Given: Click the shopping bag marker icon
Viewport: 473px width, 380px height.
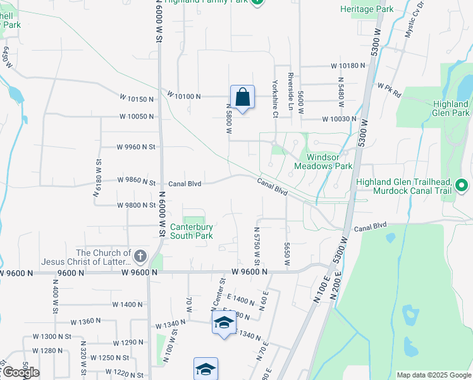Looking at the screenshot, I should coord(242,98).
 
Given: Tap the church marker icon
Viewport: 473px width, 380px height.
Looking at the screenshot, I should coord(140,256).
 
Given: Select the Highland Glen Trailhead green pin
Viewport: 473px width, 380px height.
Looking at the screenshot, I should coord(461,186).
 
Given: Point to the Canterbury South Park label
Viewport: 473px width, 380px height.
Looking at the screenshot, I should coord(192,231).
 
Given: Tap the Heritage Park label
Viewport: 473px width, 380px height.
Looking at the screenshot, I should coord(367,9).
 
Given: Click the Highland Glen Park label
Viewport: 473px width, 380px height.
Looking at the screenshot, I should coord(451,108).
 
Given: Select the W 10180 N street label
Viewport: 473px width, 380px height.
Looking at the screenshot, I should coord(348,66).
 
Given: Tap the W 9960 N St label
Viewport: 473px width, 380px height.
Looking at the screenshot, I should coord(136,147).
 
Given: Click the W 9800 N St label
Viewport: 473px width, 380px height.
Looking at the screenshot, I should coord(136,205).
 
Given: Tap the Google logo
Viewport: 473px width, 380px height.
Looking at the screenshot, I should coord(20,372).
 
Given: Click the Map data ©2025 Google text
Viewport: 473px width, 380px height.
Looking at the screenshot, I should coord(433,375).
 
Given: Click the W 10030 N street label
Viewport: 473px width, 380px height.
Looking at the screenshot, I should coord(339,119).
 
